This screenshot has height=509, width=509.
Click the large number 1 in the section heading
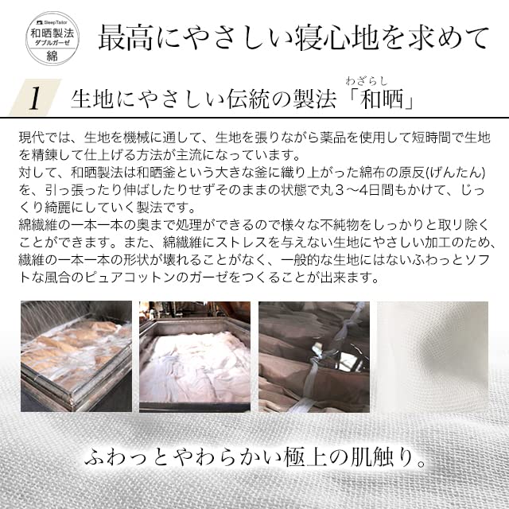click(35, 99)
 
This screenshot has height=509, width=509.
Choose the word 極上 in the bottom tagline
click(313, 459)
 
